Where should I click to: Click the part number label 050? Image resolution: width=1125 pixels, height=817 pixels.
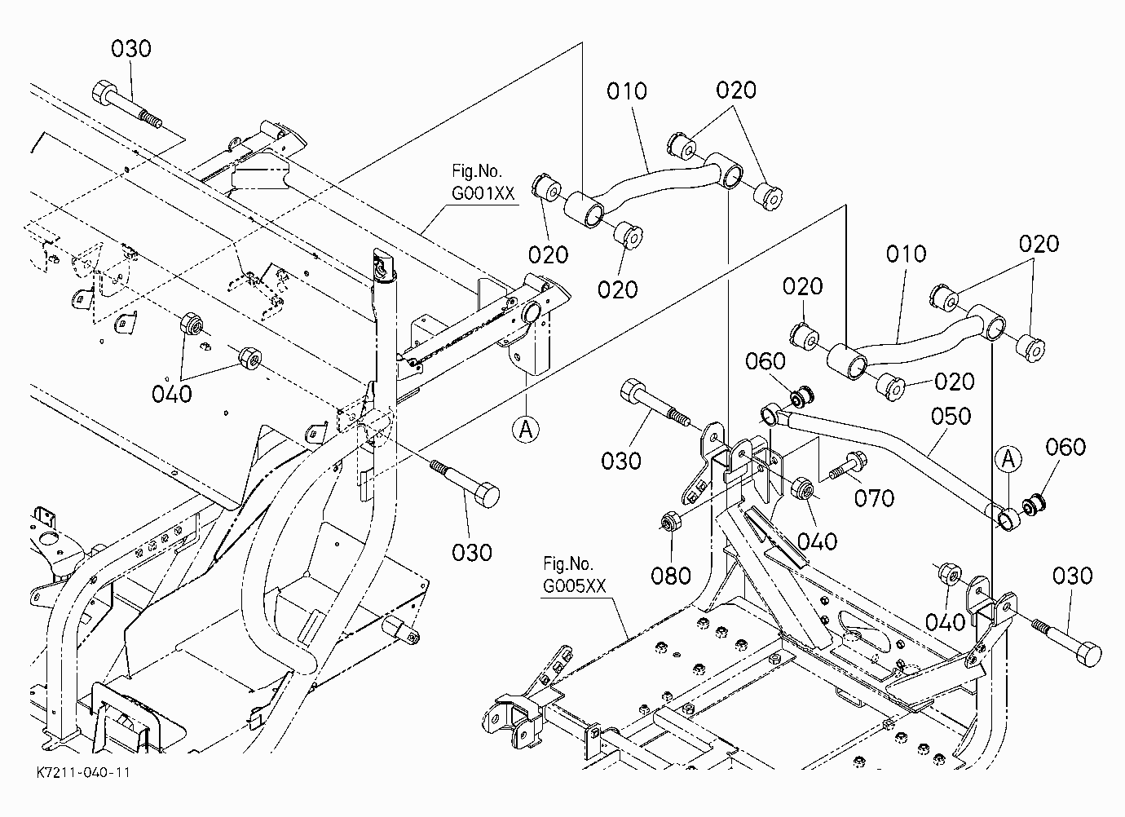click(951, 417)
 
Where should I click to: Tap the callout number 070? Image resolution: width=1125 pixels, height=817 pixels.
click(875, 498)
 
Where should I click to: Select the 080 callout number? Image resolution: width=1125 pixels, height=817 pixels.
click(671, 576)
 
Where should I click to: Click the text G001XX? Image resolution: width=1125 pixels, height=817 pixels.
click(483, 193)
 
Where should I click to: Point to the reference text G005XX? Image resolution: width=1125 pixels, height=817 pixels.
click(575, 586)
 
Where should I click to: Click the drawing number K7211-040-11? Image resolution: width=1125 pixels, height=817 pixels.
click(83, 772)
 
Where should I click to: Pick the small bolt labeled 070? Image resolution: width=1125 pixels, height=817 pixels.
click(848, 466)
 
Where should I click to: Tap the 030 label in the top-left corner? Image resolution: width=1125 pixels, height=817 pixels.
click(131, 49)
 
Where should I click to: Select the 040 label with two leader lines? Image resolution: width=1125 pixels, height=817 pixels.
click(172, 394)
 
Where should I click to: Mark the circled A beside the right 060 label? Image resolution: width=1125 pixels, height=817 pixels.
click(1008, 459)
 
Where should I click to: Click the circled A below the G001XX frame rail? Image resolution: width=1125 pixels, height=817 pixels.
click(526, 429)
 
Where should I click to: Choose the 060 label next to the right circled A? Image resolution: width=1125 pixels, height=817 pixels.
click(1065, 447)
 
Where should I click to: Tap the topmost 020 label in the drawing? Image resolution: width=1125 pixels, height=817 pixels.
click(736, 90)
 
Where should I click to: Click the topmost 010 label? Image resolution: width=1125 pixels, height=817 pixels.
click(626, 91)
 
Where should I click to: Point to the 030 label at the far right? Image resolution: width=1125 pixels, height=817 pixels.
click(1072, 576)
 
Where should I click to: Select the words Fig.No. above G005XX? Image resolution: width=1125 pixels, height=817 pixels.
click(568, 563)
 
